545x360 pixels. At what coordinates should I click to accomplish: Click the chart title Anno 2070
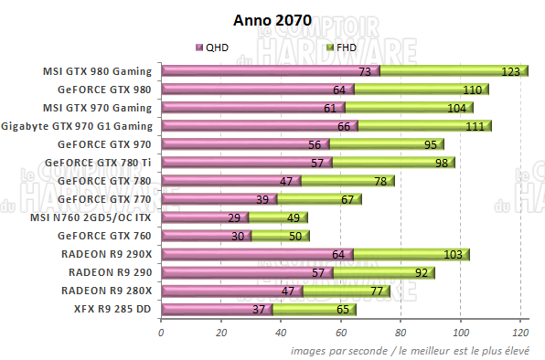point(272,18)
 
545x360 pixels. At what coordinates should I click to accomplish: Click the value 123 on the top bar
point(510,71)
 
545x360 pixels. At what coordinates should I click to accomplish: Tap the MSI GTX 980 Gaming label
point(98,70)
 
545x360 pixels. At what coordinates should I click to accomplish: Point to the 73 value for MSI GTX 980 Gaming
point(364,71)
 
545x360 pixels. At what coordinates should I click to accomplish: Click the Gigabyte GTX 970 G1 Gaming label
point(78,125)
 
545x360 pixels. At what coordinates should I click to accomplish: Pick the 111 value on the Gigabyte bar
point(474,126)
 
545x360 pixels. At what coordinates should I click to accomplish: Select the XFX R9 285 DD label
point(113,309)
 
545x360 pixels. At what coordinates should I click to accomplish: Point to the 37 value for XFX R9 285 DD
point(257,310)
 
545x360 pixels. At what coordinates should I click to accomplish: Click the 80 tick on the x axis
point(401,333)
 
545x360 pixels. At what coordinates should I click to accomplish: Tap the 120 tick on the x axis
point(520,333)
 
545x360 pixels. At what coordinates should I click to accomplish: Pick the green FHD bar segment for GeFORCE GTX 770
point(320,199)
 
